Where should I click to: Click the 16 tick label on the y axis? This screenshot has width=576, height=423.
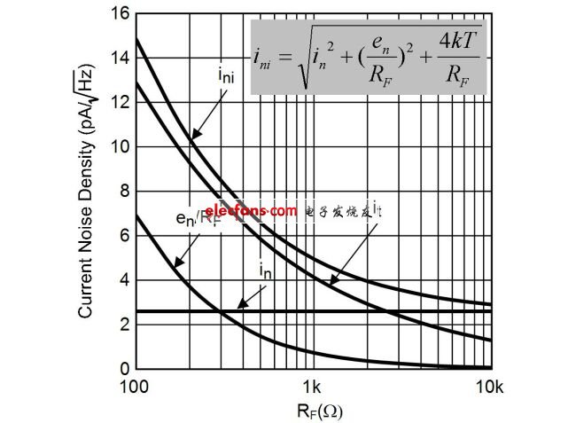click(x=120, y=13)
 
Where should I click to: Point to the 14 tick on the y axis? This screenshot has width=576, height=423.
click(x=120, y=58)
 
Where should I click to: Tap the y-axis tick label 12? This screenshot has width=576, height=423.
click(x=120, y=102)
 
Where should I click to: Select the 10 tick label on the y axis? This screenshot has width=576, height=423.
click(x=120, y=146)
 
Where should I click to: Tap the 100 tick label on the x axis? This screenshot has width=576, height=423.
click(x=136, y=388)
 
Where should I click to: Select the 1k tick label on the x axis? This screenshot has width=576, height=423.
click(x=312, y=388)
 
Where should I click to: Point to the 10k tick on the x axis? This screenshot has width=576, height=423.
click(x=490, y=388)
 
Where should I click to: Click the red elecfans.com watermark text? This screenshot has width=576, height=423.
click(x=252, y=211)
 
